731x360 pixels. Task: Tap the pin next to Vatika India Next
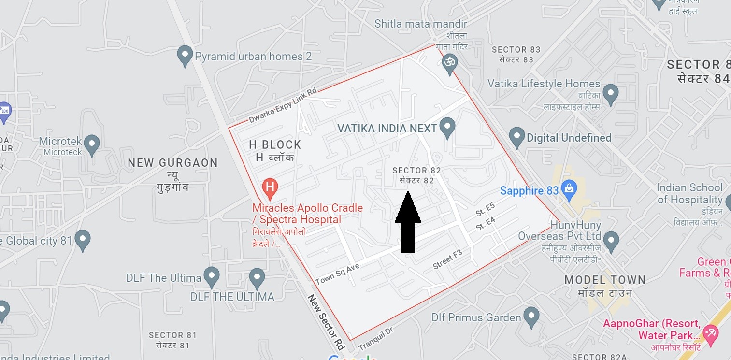point(448,128)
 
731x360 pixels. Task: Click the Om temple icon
point(450,63)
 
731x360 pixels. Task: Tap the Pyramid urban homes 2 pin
point(185,56)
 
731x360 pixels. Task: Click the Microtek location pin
point(92,143)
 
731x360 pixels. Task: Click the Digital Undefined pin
point(517,137)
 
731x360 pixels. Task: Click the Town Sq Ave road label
point(337,274)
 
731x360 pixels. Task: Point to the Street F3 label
point(447,259)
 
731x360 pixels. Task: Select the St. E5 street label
point(485,211)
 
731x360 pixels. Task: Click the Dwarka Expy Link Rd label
point(283,105)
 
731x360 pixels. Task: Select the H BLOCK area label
point(275,144)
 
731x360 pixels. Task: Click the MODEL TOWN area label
point(605,280)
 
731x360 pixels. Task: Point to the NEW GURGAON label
point(172,163)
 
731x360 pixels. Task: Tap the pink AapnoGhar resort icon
point(710,332)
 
